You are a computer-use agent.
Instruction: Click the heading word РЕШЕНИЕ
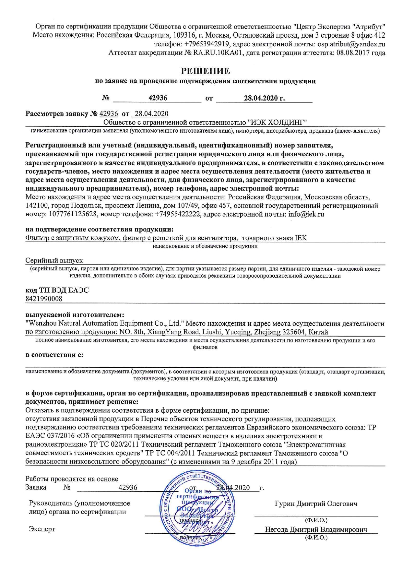pos(205,71)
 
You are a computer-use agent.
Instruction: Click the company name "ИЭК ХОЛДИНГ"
pos(277,122)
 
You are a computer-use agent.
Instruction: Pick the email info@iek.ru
pos(306,214)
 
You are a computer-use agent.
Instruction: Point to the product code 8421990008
pos(44,299)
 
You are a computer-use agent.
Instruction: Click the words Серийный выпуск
pos(54,260)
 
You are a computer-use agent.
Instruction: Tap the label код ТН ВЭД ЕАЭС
pos(57,290)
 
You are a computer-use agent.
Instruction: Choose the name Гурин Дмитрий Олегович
pos(316,504)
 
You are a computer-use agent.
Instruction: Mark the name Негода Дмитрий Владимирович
pos(316,530)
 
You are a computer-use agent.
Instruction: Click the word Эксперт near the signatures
pos(42,529)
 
